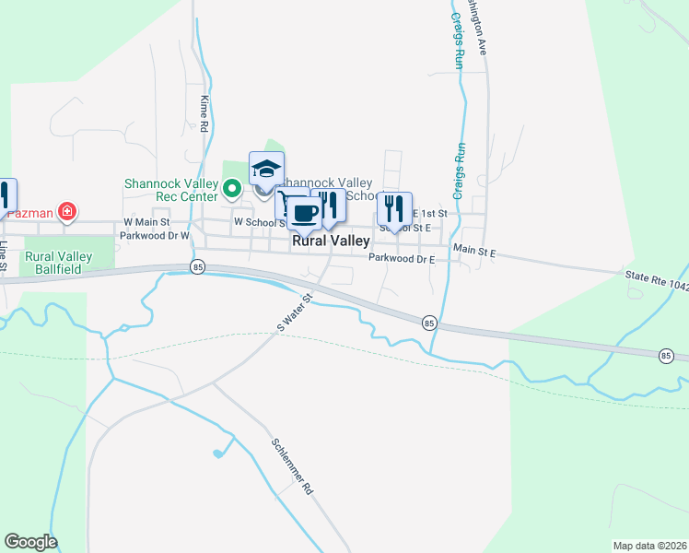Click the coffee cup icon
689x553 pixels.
click(x=305, y=214)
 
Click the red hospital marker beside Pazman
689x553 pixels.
click(x=66, y=212)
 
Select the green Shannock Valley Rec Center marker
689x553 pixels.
click(x=232, y=191)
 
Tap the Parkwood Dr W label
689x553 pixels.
click(x=153, y=235)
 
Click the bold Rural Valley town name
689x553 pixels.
click(x=331, y=241)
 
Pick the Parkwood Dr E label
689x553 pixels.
click(x=401, y=259)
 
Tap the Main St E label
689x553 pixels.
click(x=473, y=250)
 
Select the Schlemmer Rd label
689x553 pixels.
click(x=293, y=466)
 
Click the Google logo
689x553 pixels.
click(x=30, y=542)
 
